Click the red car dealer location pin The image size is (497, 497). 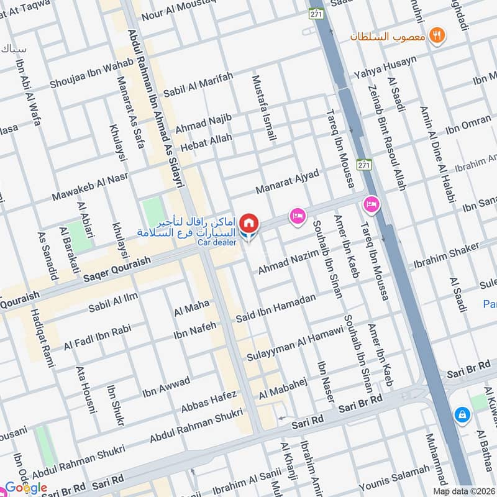pos(248,223)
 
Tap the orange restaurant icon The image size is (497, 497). pos(439,36)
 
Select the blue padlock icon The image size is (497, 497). pos(462,414)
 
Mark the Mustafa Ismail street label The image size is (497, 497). pos(263,107)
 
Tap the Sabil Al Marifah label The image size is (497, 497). pos(198,85)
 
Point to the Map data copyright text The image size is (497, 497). pos(463,491)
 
